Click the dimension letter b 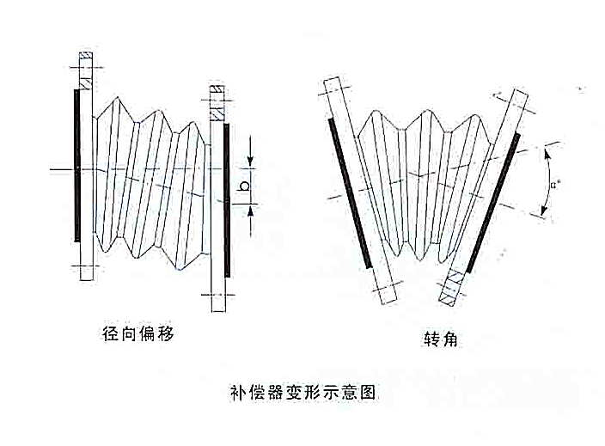[244, 184]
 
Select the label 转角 [440, 340]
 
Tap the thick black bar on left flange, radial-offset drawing [77, 163]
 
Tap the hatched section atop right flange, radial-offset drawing [217, 107]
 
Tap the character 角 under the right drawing [449, 340]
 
